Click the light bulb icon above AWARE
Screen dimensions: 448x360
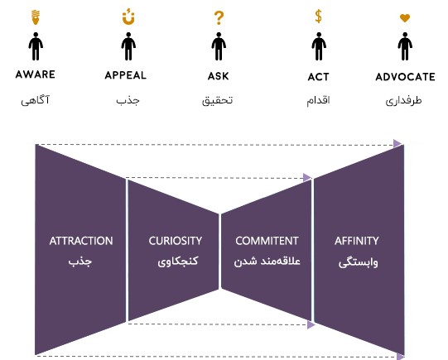coord(36,17)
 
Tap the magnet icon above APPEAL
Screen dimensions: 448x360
coord(128,17)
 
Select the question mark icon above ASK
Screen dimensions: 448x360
coord(219,18)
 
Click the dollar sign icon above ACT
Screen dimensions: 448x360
coord(318,16)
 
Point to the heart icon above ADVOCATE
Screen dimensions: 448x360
coord(405,18)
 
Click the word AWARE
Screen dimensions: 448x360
coord(35,74)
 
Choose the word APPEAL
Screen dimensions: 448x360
coord(126,75)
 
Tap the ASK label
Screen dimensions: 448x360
coord(219,76)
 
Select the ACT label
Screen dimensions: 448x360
coord(318,77)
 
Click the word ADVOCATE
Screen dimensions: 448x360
coord(405,77)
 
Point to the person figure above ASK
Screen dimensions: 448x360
coord(219,46)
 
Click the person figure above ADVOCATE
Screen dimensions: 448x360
coord(405,46)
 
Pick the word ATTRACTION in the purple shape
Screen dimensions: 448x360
coord(81,241)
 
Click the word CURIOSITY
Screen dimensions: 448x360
coord(176,241)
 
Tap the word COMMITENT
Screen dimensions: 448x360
coord(267,241)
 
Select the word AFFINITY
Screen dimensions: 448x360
coord(357,241)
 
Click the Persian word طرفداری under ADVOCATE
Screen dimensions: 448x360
coord(403,100)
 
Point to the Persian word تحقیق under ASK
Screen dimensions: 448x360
coord(218,100)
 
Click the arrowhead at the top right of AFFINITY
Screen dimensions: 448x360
coord(397,144)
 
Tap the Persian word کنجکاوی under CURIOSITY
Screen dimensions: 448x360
coord(178,262)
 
